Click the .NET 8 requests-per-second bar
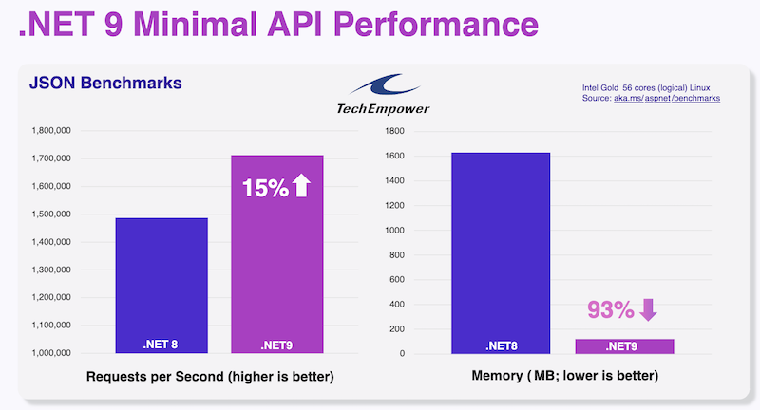pos(161,285)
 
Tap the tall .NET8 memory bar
pos(501,252)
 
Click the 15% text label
pos(265,188)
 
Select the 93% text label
pos(610,310)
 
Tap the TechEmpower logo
pos(383,94)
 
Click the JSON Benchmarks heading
pos(104,84)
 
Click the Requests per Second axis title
pos(210,377)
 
